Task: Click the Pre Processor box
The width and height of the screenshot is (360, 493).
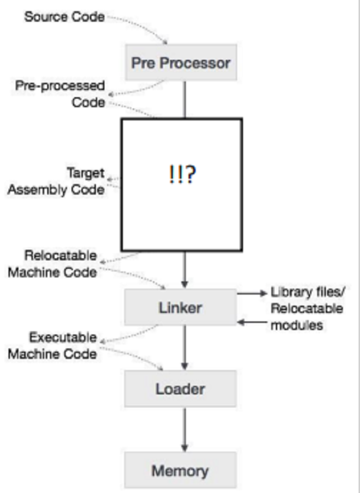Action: click(181, 63)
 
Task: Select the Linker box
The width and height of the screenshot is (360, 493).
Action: click(180, 308)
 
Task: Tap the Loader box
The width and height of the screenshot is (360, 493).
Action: click(180, 389)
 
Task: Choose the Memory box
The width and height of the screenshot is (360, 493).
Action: click(180, 470)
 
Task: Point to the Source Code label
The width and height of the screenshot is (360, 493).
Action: click(64, 18)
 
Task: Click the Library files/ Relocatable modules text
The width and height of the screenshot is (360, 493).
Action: click(307, 308)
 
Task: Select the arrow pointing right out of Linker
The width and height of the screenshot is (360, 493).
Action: click(252, 294)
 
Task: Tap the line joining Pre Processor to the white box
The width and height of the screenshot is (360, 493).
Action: click(183, 100)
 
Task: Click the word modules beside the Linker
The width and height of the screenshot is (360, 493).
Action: click(297, 325)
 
